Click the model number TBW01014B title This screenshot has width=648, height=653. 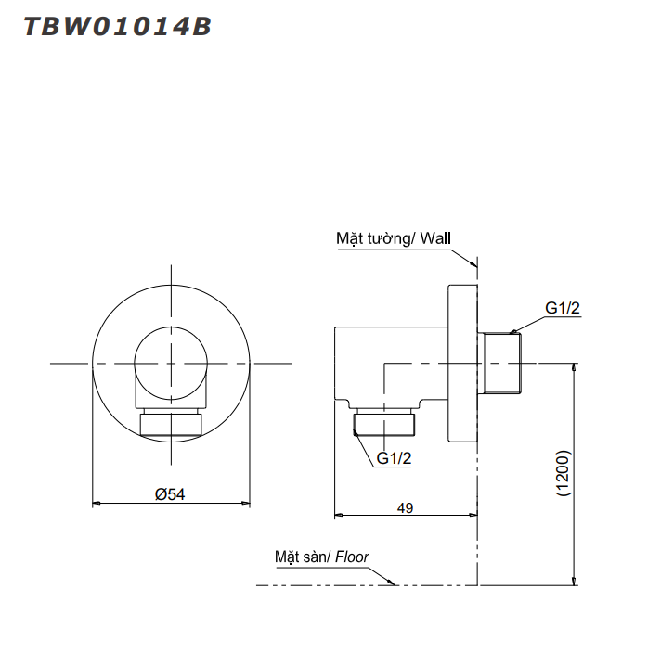coord(117,27)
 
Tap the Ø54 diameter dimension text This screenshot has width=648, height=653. coord(170,494)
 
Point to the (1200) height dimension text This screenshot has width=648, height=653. coord(564,476)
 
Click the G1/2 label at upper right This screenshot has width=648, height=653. coord(563,308)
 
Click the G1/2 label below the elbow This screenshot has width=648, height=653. coord(394,458)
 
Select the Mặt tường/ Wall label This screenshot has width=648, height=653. coord(393,238)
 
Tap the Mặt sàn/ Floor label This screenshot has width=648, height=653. coord(321,557)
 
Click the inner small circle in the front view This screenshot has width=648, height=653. coord(171,363)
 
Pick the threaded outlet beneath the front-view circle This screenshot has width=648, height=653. coord(171,425)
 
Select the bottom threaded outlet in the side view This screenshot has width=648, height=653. coord(384,425)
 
